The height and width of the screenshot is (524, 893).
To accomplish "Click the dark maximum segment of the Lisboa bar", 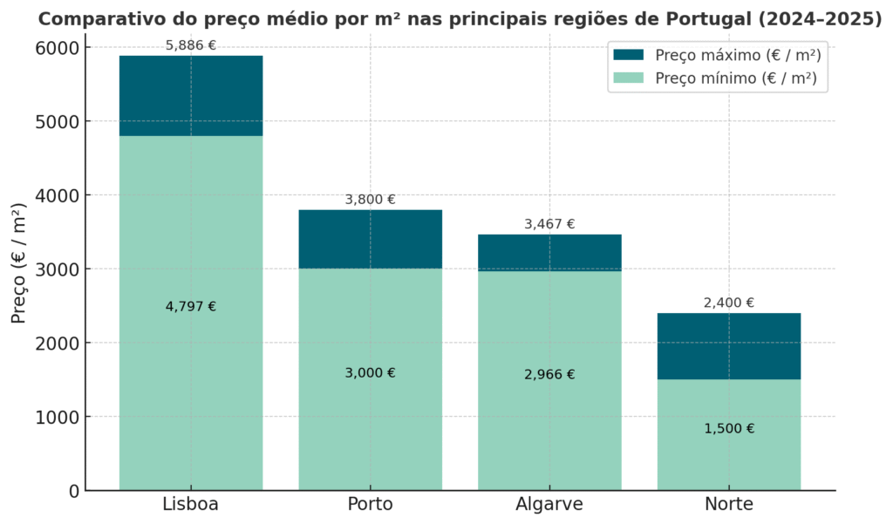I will coord(191,96).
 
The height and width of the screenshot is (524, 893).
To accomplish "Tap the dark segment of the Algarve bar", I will coord(549,252).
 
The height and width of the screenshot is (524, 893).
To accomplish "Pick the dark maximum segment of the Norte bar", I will coord(728,345).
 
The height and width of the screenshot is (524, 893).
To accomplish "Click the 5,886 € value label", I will coord(191,45).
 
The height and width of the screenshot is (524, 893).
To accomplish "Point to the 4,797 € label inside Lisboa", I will coord(191,307).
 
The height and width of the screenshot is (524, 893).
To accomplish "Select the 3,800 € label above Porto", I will coord(370,200).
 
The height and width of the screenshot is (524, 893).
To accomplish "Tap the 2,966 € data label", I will coord(549,375).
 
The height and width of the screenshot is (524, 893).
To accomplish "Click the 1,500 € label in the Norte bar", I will coord(729,429).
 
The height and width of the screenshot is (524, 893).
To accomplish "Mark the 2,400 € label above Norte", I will coord(729,303).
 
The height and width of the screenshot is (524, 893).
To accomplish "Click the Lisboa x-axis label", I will coord(190,505).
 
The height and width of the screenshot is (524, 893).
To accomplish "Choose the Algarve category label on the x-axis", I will coord(549,505).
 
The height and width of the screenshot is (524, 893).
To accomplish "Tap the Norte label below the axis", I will coord(729,505).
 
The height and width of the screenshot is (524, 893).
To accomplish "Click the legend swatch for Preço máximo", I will coord(628,55).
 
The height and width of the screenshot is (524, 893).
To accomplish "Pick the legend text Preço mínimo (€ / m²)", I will coord(736,78).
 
